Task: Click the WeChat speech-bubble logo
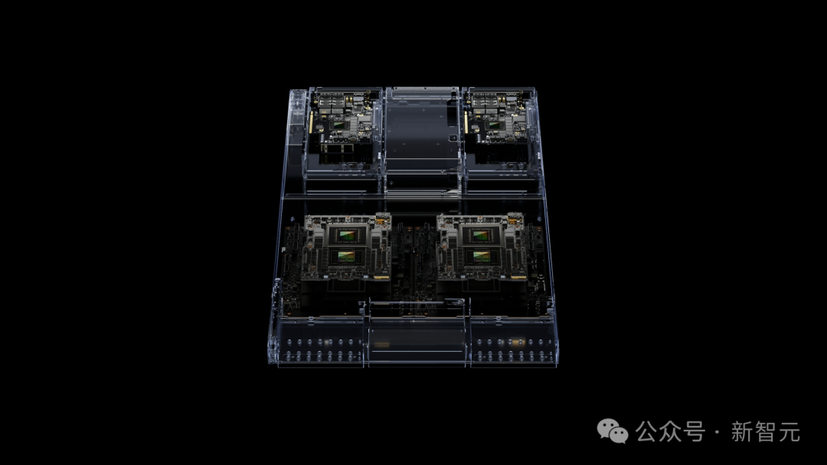(x=613, y=431)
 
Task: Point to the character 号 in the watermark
(x=694, y=432)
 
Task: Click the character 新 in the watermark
(x=742, y=432)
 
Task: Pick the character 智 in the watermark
(x=766, y=432)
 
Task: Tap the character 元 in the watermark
(x=789, y=432)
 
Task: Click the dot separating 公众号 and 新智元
(x=717, y=433)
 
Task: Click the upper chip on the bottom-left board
(x=347, y=235)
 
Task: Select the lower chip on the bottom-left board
(x=347, y=256)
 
